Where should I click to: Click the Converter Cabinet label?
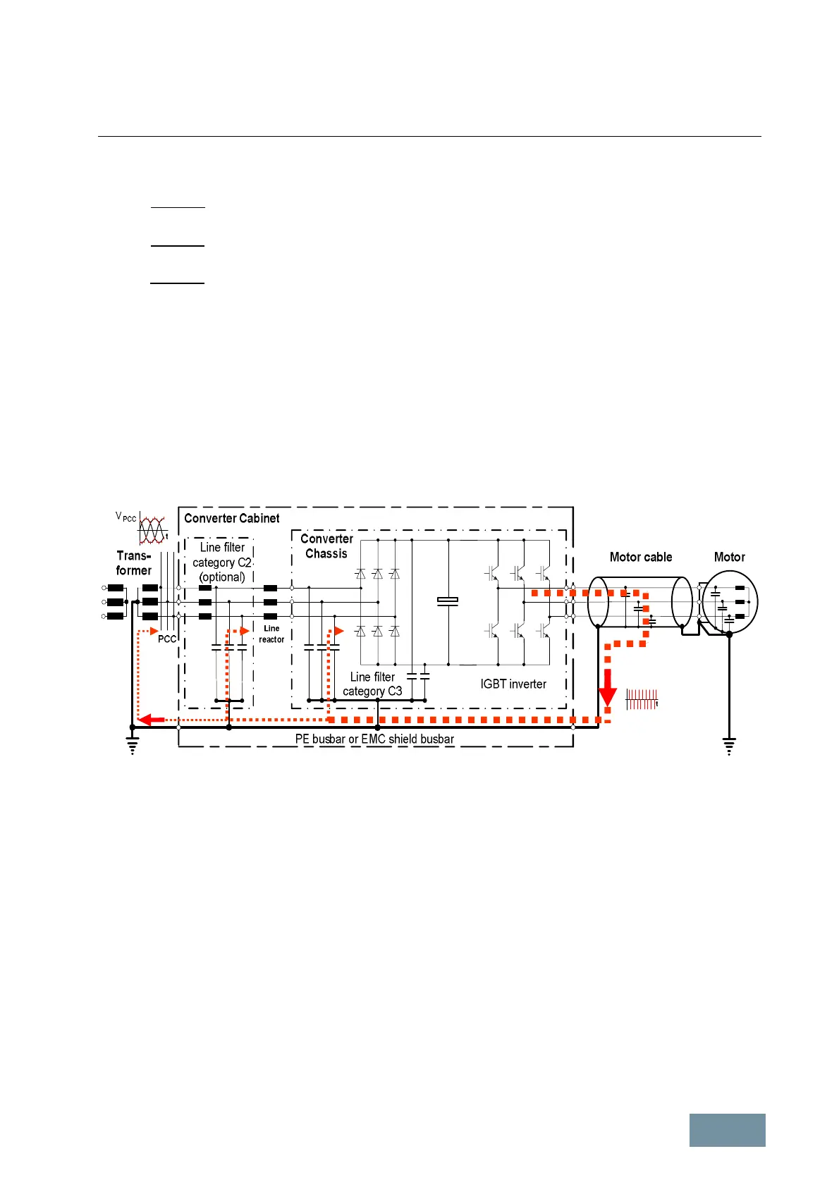point(231,518)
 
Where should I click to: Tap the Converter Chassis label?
point(326,546)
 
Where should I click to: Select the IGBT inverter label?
point(513,684)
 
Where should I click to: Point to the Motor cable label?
point(640,557)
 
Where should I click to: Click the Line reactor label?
point(271,634)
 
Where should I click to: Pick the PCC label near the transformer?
point(167,639)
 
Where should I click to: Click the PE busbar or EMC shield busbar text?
point(374,739)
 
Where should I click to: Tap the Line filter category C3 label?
point(372,684)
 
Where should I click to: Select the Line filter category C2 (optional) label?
point(222,562)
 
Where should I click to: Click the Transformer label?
point(134,562)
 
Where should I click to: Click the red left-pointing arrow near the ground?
point(150,719)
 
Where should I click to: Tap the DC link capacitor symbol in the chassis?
point(448,601)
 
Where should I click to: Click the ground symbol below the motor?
point(729,745)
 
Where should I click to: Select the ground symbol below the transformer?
point(132,745)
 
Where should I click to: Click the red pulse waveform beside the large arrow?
point(642,699)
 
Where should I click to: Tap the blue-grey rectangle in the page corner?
point(727,1130)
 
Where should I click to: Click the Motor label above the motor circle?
point(729,557)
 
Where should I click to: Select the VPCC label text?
point(125,517)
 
